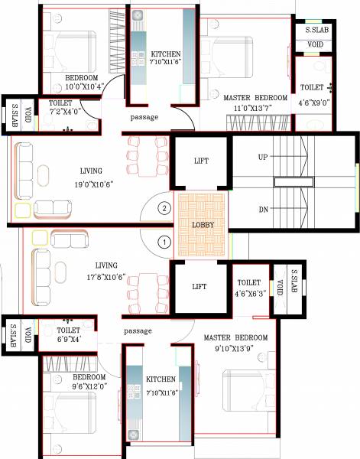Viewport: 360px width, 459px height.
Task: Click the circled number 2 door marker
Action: click(x=162, y=207)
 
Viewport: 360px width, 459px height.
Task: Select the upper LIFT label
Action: click(x=199, y=161)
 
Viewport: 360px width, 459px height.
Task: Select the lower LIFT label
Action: click(x=199, y=287)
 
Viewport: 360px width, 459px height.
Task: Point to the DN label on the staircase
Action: click(x=263, y=208)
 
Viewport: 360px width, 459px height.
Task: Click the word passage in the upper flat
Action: click(x=144, y=117)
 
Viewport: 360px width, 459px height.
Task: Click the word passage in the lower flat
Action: click(x=138, y=330)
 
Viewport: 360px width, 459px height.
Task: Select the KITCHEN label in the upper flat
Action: click(x=166, y=54)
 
